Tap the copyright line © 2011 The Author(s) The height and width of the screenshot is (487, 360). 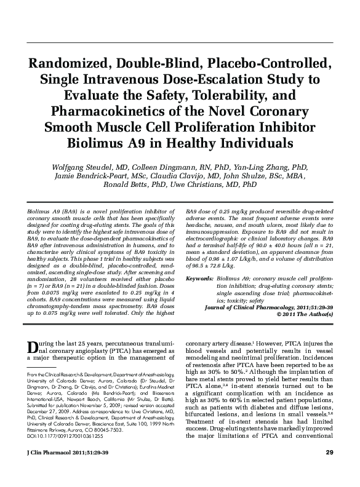(x=305, y=314)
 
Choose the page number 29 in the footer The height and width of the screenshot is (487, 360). (x=329, y=471)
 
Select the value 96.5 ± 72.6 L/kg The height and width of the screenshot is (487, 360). (x=216, y=258)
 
